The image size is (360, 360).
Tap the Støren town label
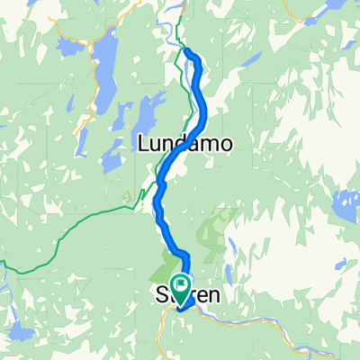pos(184,294)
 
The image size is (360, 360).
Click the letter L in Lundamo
pos(145,143)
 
